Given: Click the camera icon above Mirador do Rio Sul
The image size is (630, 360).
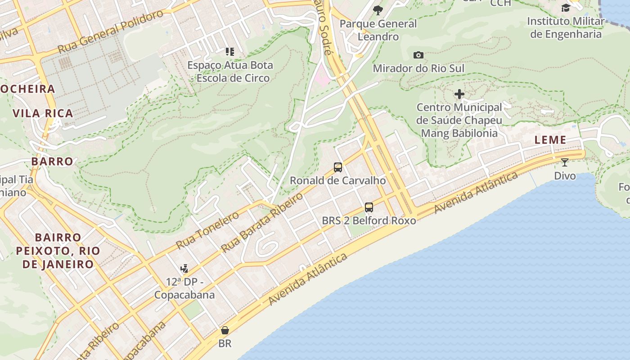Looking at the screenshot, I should click(418, 55).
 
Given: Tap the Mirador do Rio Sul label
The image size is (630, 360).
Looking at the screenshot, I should click(418, 68).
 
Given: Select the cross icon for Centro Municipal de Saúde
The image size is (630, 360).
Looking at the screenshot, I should click(459, 94).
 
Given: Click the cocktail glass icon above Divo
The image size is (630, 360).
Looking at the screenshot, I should click(565, 162).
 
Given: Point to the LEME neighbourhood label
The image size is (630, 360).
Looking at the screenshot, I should click(550, 140).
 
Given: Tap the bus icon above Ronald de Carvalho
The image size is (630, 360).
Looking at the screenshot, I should click(338, 167).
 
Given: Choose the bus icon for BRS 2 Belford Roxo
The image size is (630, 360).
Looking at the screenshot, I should click(369, 207).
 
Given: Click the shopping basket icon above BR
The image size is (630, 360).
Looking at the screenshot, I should click(225, 331).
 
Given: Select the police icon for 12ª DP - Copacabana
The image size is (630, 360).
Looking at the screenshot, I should click(184, 269).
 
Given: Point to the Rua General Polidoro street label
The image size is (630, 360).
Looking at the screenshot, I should click(110, 31).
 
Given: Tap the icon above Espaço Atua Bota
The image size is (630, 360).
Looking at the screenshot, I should click(230, 52).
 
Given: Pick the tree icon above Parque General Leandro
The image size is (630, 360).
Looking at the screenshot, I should click(378, 10).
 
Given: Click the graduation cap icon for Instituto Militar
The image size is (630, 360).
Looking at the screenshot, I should click(566, 8).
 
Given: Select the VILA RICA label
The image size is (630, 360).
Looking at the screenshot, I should click(43, 113).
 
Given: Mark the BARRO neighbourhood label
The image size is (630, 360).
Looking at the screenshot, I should click(52, 161).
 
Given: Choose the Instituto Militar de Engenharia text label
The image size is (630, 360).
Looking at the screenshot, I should click(566, 28).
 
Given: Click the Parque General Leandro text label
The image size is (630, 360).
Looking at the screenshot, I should click(378, 30).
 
